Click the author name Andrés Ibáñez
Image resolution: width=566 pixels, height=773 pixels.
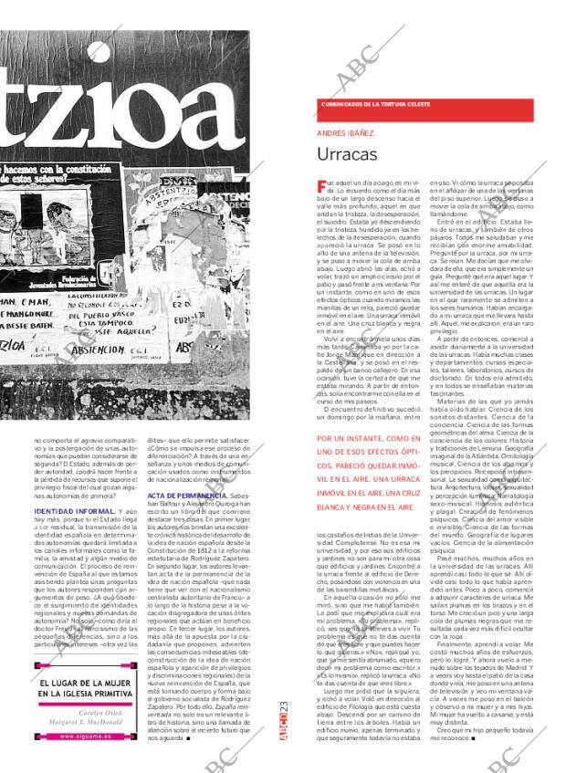339,132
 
